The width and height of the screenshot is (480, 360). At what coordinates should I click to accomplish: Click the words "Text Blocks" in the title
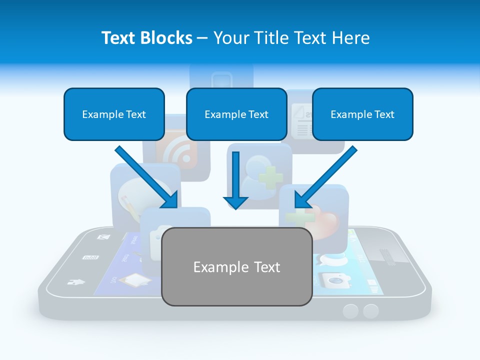[146, 38]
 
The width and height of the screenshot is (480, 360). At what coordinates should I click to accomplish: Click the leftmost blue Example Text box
[114, 114]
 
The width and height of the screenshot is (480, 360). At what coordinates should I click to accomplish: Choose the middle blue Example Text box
[236, 114]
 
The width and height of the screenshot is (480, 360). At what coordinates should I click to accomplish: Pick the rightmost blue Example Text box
[362, 114]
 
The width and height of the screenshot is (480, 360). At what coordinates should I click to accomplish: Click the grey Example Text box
[236, 266]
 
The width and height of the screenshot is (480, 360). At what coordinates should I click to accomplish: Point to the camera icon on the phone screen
[332, 280]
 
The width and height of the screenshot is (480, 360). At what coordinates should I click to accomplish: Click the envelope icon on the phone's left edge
[103, 237]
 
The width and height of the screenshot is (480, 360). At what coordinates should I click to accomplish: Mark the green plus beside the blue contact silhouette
[270, 177]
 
